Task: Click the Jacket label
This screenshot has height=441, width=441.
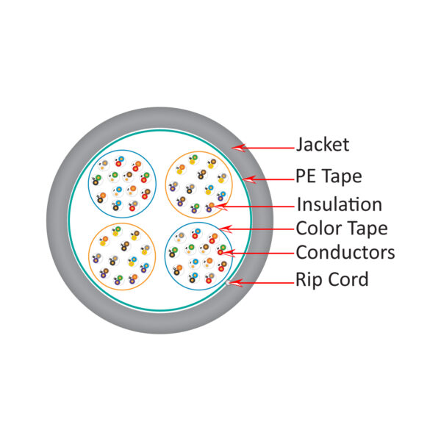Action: [322, 144]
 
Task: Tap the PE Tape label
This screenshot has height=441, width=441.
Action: [329, 177]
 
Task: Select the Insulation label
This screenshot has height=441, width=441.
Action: [339, 204]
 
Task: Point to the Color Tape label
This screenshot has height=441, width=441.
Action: [341, 228]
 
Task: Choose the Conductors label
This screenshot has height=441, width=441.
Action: [345, 253]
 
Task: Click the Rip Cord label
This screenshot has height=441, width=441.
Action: [332, 279]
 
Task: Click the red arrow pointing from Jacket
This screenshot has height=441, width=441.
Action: [262, 147]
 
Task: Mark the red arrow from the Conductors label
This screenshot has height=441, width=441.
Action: [257, 253]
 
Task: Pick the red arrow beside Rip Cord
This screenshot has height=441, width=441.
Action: [262, 280]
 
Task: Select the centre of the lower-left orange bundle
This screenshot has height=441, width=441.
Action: [121, 257]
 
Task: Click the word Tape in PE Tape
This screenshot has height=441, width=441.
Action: [343, 177]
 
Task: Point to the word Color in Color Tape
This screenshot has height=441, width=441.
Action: [319, 228]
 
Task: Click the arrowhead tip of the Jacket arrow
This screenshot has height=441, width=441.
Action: [233, 147]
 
